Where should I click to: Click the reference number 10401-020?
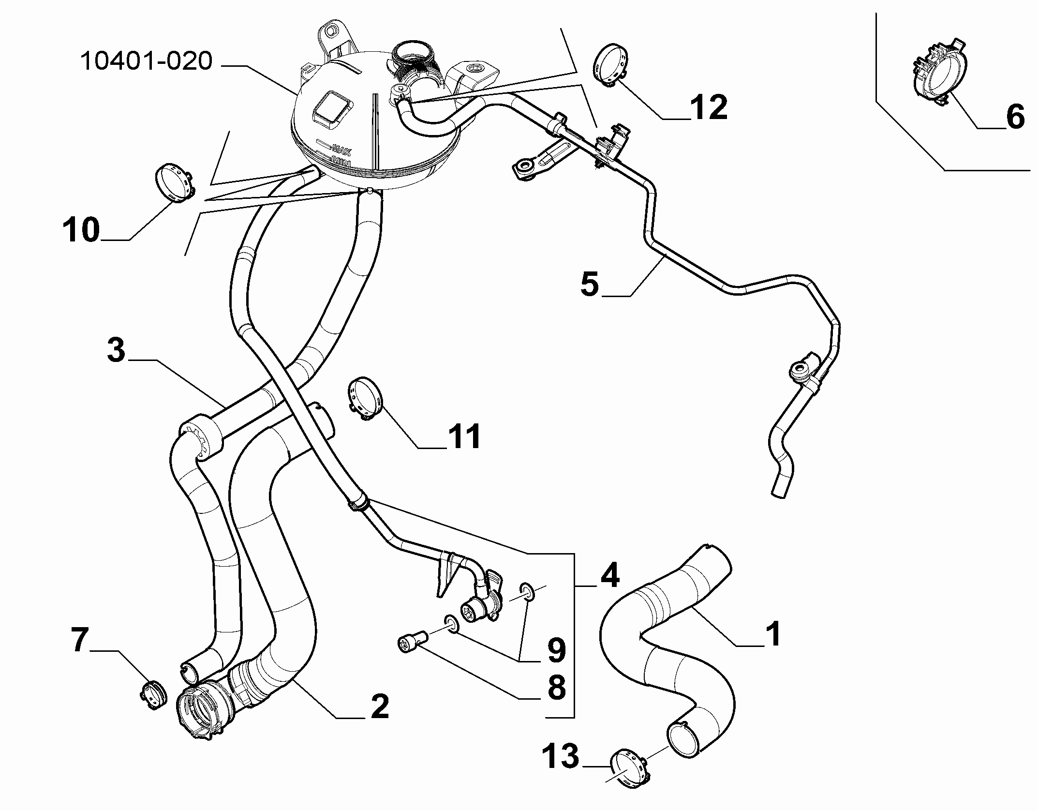146,62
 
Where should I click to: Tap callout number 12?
709,107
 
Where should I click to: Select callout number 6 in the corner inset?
1015,117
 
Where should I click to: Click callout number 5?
590,284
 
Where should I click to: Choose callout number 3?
116,350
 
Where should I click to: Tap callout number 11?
463,436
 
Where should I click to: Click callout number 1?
774,634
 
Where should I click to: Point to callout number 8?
556,688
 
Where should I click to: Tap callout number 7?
80,640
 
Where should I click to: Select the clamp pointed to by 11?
364,398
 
